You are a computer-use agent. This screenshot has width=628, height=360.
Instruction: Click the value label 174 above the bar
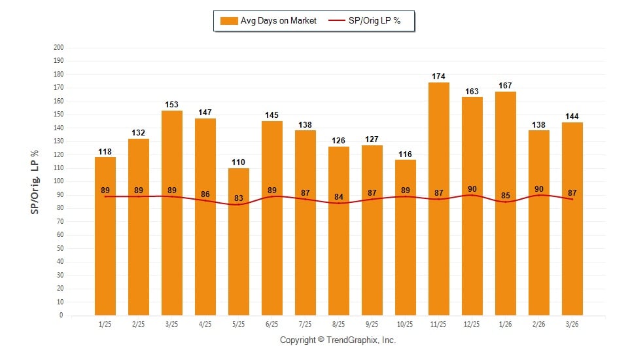[x=439, y=77]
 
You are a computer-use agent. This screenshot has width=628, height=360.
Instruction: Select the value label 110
[x=239, y=162]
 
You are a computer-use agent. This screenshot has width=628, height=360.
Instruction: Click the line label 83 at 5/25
[x=239, y=198]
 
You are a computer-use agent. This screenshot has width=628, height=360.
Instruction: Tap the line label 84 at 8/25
[x=339, y=196]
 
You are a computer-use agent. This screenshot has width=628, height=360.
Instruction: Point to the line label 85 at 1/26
[x=506, y=194]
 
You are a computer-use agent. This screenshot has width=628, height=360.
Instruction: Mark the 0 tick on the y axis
[x=61, y=315]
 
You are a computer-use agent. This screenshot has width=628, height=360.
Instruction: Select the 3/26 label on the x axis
[x=572, y=325]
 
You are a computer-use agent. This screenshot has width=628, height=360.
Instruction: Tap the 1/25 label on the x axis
[x=105, y=325]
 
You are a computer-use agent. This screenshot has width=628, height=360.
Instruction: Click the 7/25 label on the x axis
[x=305, y=325]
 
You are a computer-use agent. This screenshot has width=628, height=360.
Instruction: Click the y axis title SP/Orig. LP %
[x=35, y=181]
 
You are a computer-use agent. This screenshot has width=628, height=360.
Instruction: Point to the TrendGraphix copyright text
[x=338, y=340]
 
